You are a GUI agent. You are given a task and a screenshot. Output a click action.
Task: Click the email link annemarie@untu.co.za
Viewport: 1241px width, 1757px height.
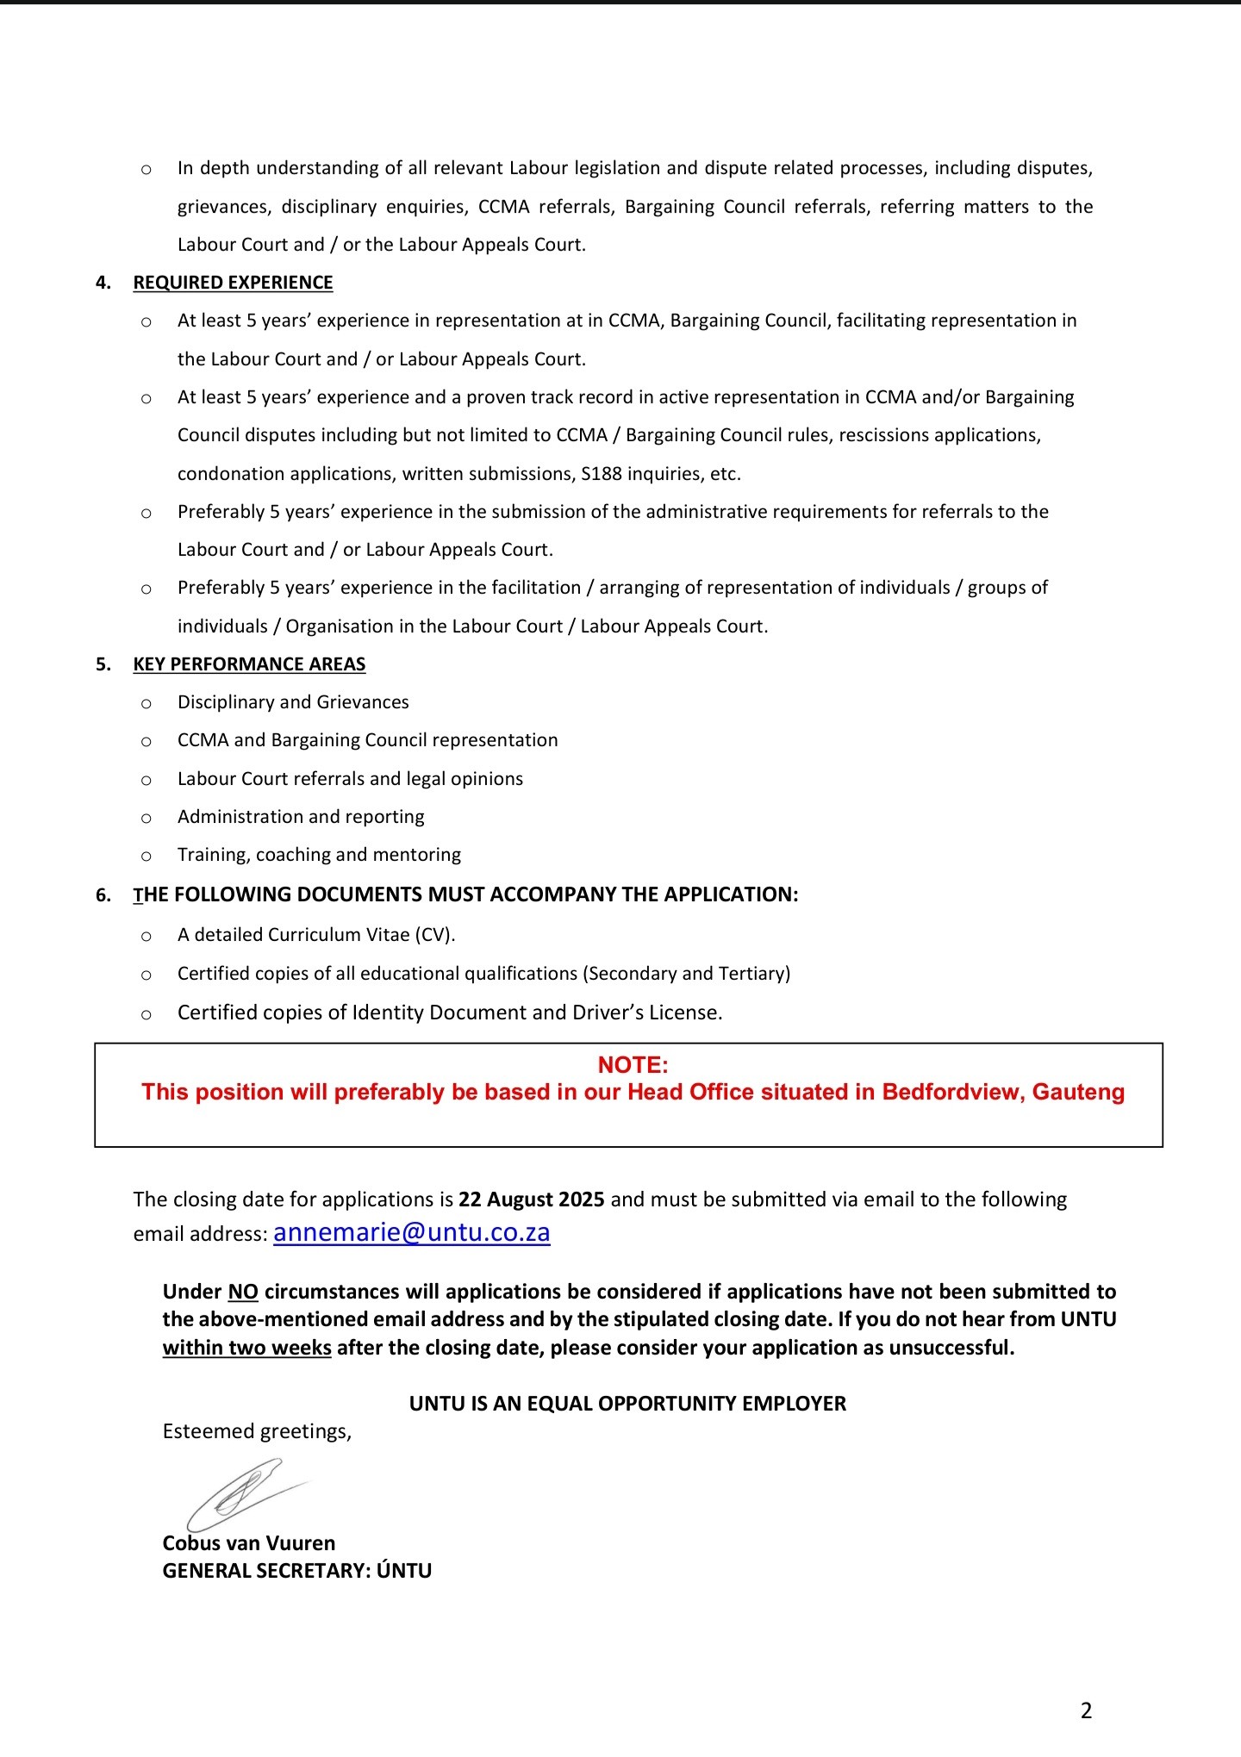[411, 1232]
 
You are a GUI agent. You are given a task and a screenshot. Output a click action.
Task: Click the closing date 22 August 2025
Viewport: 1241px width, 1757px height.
[531, 1199]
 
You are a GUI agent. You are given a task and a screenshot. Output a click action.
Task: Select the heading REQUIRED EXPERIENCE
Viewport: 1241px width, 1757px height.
[233, 283]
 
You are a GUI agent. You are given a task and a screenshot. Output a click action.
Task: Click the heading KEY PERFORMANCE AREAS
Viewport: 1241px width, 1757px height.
[249, 664]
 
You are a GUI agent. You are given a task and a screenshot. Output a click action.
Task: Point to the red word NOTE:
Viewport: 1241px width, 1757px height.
[633, 1065]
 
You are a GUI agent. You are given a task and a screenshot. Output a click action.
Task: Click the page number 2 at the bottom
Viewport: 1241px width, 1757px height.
[1086, 1710]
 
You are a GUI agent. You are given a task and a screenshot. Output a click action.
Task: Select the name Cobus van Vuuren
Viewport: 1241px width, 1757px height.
[249, 1542]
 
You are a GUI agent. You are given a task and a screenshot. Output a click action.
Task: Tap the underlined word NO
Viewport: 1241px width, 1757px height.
[243, 1292]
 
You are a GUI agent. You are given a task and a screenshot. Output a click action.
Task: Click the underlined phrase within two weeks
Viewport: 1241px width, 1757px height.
[247, 1347]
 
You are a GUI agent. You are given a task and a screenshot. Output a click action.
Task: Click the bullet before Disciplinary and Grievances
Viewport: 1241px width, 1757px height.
[147, 704]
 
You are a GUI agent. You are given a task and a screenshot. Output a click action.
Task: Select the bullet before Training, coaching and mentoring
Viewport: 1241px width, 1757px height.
[147, 857]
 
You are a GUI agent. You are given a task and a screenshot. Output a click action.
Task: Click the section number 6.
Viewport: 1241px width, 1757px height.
[103, 895]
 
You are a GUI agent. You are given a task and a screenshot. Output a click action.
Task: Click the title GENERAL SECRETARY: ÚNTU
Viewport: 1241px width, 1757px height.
[297, 1570]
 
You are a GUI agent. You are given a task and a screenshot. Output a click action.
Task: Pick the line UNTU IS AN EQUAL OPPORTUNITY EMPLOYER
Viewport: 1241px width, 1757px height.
[627, 1404]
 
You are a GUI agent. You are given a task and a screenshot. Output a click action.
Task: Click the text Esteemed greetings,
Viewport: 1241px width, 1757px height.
[257, 1431]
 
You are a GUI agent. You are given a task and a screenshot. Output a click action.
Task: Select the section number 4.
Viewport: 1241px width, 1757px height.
[103, 283]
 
